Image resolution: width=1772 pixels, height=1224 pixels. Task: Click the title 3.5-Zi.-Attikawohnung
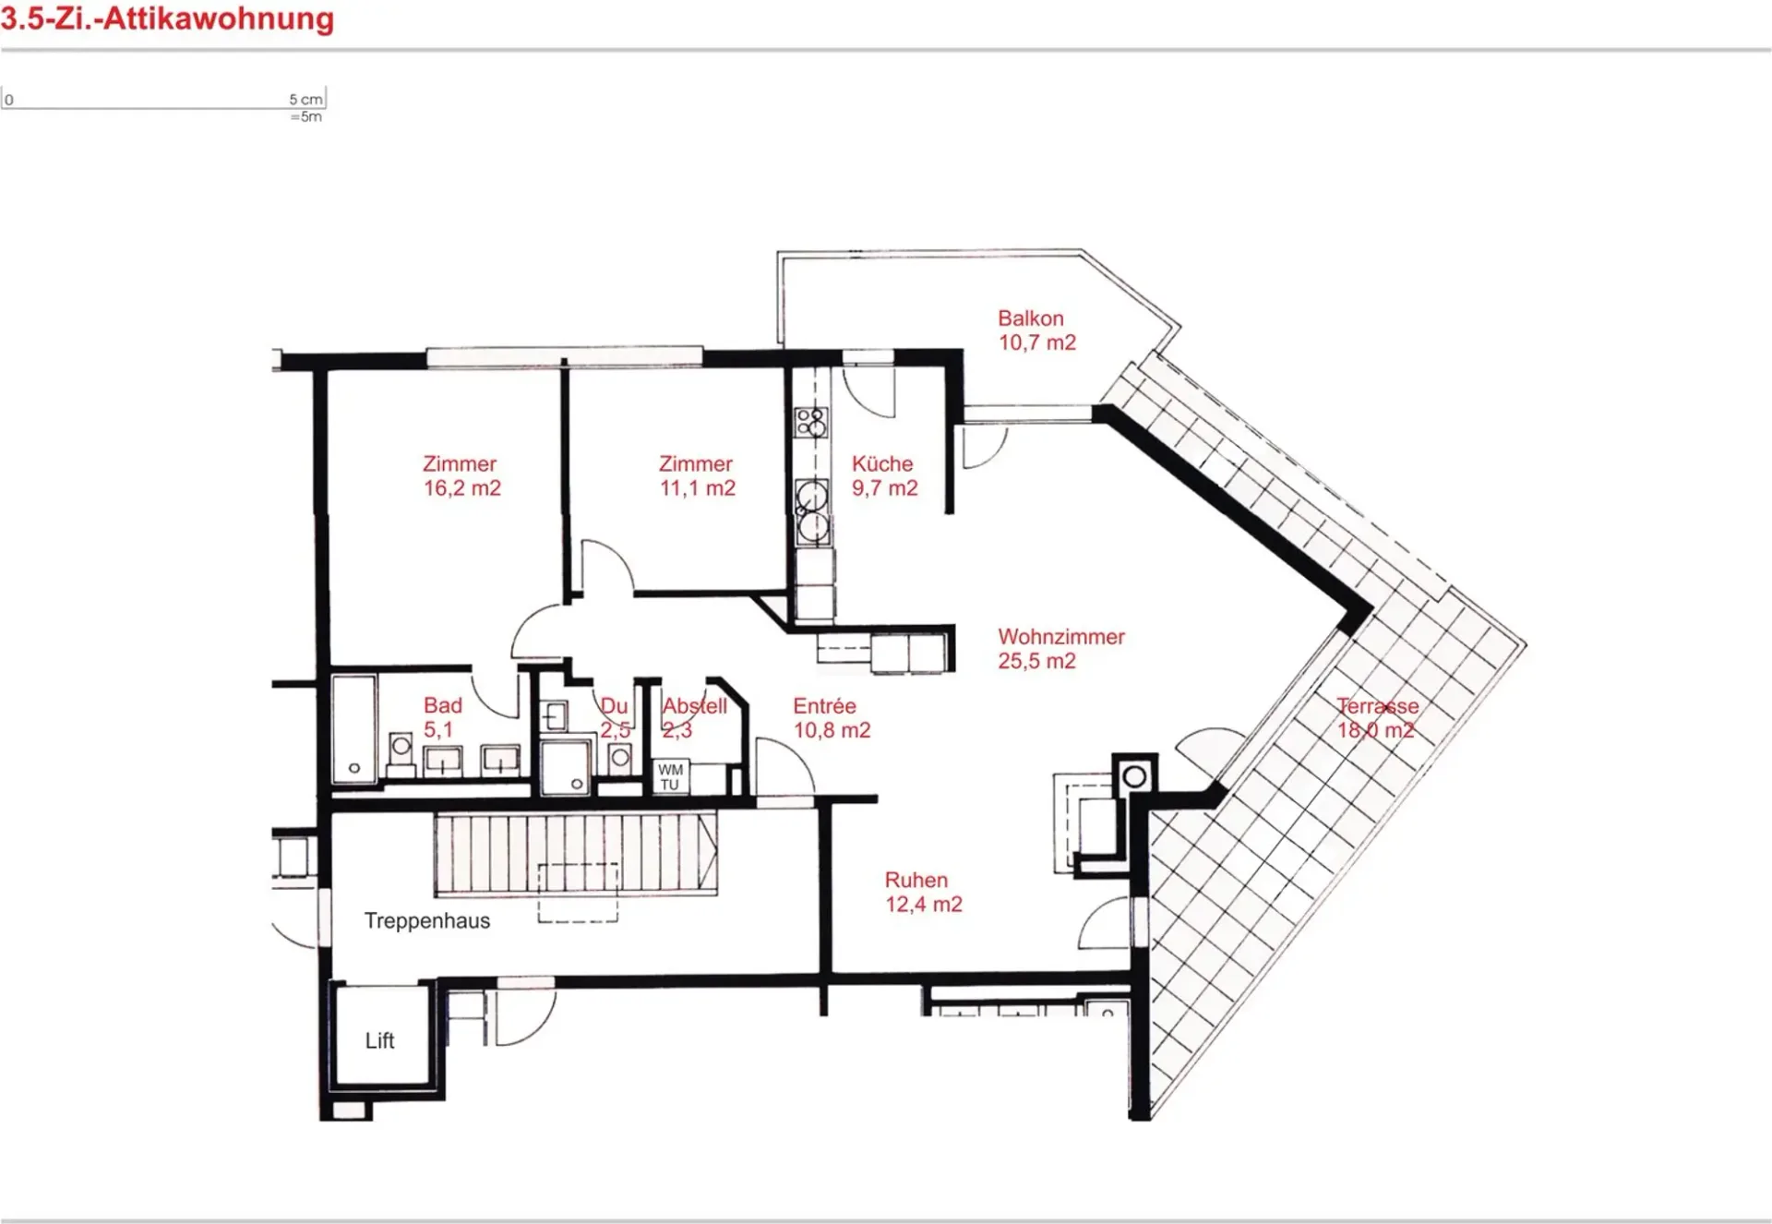[x=167, y=18]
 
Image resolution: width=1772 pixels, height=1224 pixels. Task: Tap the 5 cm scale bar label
[x=305, y=99]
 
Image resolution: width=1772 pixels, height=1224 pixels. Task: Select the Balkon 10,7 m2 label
[x=1036, y=330]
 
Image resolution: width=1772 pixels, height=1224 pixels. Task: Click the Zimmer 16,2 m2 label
[x=461, y=476]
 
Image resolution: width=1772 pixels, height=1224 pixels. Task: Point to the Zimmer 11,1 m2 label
[x=697, y=476]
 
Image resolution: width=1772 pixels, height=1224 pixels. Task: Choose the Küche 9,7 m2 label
[x=884, y=476]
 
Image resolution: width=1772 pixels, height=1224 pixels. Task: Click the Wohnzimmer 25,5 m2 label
[x=1061, y=649]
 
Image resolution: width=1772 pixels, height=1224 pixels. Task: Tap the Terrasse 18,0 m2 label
[x=1377, y=718]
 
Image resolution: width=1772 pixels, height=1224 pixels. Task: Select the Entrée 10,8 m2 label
[x=832, y=718]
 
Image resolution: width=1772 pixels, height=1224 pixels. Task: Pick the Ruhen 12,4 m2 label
[x=923, y=892]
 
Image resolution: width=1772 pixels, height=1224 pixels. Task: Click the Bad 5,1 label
[x=442, y=718]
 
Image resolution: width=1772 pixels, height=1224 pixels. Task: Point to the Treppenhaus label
[x=427, y=921]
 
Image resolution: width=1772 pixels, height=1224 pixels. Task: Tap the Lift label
[x=379, y=1041]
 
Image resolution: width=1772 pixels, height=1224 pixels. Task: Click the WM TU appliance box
[x=671, y=777]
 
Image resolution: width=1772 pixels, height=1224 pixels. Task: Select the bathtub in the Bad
[x=353, y=729]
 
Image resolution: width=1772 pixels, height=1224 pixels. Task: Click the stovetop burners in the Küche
[x=811, y=423]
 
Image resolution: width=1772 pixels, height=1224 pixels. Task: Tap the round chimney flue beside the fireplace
[x=1135, y=777]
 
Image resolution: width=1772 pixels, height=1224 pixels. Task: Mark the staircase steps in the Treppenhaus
[x=576, y=854]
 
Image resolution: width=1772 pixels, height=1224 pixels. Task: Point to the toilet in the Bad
[x=401, y=750]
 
